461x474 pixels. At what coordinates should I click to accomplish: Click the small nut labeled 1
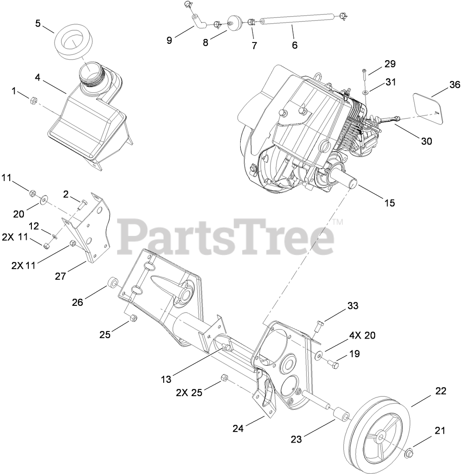point(32,101)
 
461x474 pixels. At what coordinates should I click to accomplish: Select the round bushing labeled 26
point(113,283)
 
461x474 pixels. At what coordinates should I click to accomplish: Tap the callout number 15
point(389,203)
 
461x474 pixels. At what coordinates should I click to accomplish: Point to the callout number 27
point(60,276)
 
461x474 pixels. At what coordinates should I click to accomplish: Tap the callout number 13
point(165,379)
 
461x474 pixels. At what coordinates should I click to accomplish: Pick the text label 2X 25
point(189,392)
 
